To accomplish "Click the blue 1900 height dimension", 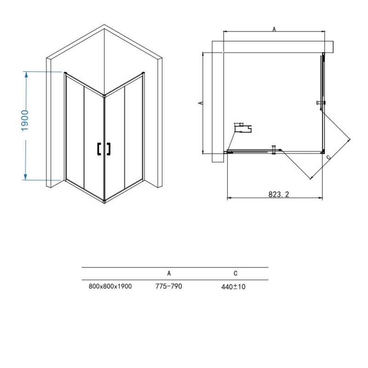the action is (x=25, y=120).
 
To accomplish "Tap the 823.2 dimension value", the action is (x=279, y=194).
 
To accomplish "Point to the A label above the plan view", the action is (x=274, y=29).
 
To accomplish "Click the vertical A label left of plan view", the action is (x=200, y=103).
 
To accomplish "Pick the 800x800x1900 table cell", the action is (x=110, y=286).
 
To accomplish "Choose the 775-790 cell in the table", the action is (x=168, y=286).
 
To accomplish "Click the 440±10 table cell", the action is (x=233, y=287).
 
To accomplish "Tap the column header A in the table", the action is (x=169, y=273).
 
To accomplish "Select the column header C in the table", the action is (x=236, y=273).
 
